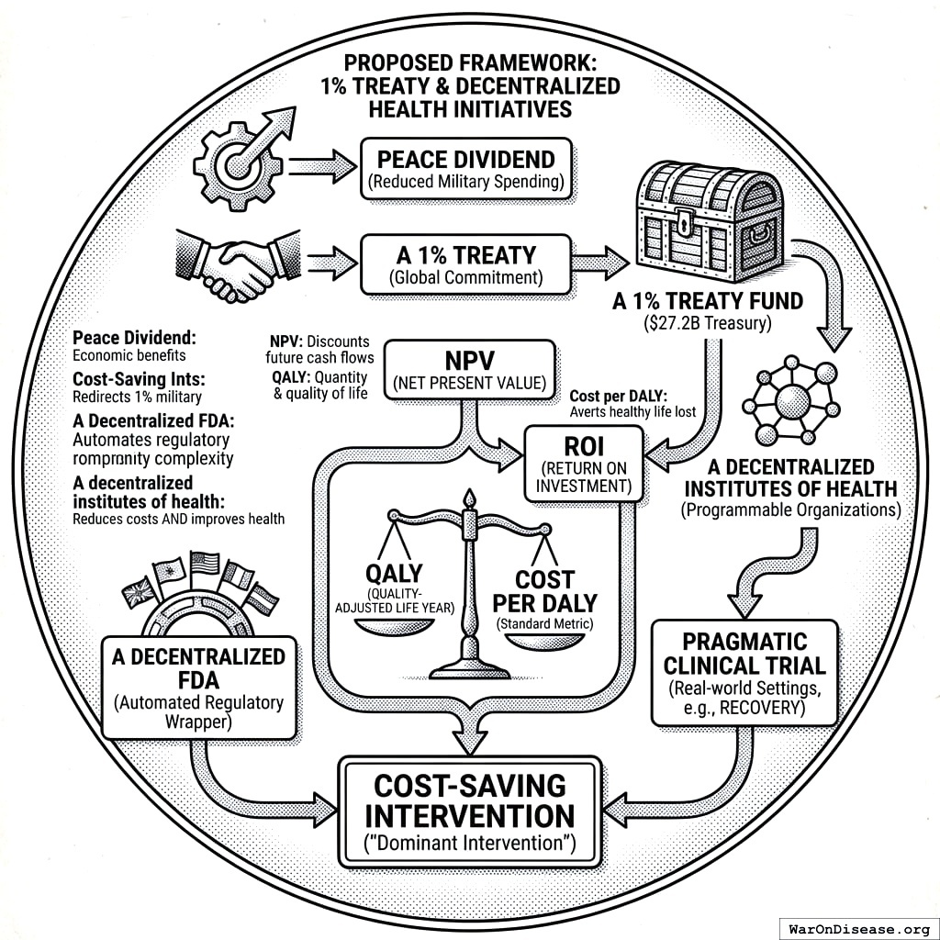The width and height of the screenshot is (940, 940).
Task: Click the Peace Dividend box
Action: coord(465,168)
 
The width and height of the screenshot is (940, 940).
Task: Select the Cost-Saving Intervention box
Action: coord(470,811)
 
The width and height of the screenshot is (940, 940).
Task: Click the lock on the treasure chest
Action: coord(683,221)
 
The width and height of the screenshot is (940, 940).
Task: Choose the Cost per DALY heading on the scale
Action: coord(544,592)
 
